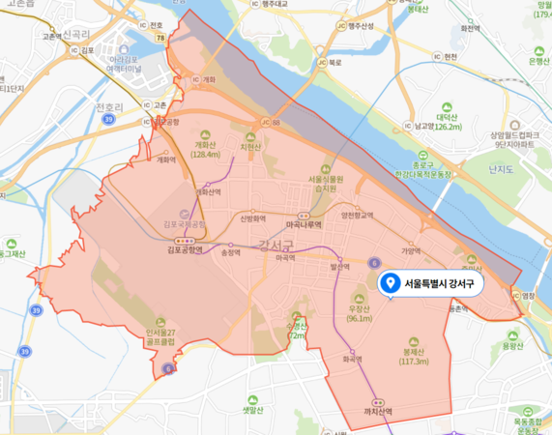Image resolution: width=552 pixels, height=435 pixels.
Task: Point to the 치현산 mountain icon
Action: click(x=256, y=136)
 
